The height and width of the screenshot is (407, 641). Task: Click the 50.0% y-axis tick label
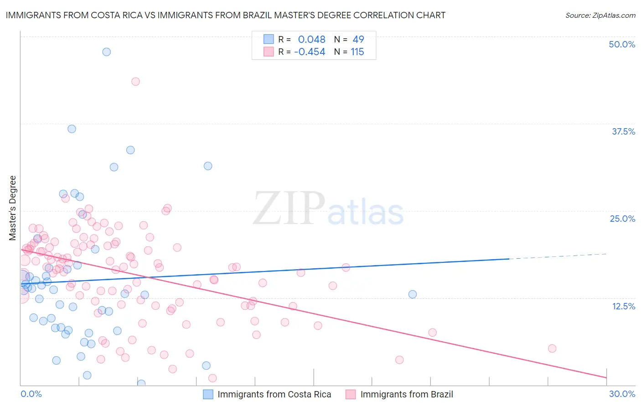[622, 44]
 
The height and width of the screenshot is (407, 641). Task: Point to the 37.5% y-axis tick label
[623, 131]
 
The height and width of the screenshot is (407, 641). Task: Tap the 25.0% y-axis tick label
[622, 219]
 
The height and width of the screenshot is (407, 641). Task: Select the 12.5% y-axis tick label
[623, 306]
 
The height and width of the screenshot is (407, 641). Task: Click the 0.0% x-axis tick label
[31, 394]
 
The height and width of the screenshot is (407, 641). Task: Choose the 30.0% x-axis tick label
[622, 394]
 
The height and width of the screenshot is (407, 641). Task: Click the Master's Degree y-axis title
[12, 208]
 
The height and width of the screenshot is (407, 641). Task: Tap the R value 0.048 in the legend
[311, 39]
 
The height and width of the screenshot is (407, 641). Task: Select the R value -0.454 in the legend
[310, 52]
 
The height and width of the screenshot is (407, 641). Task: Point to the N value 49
[358, 39]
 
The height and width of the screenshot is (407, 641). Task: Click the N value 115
[357, 52]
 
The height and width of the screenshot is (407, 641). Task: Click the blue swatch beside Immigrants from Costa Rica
[208, 394]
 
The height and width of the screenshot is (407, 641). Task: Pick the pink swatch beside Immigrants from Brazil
[351, 394]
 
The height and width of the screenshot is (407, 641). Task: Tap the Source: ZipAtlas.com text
[600, 16]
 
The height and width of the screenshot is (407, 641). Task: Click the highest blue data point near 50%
[106, 52]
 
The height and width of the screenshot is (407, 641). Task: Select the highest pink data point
[135, 81]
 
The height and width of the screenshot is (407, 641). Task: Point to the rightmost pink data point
[552, 349]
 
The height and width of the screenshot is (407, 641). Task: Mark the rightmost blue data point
[413, 294]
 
